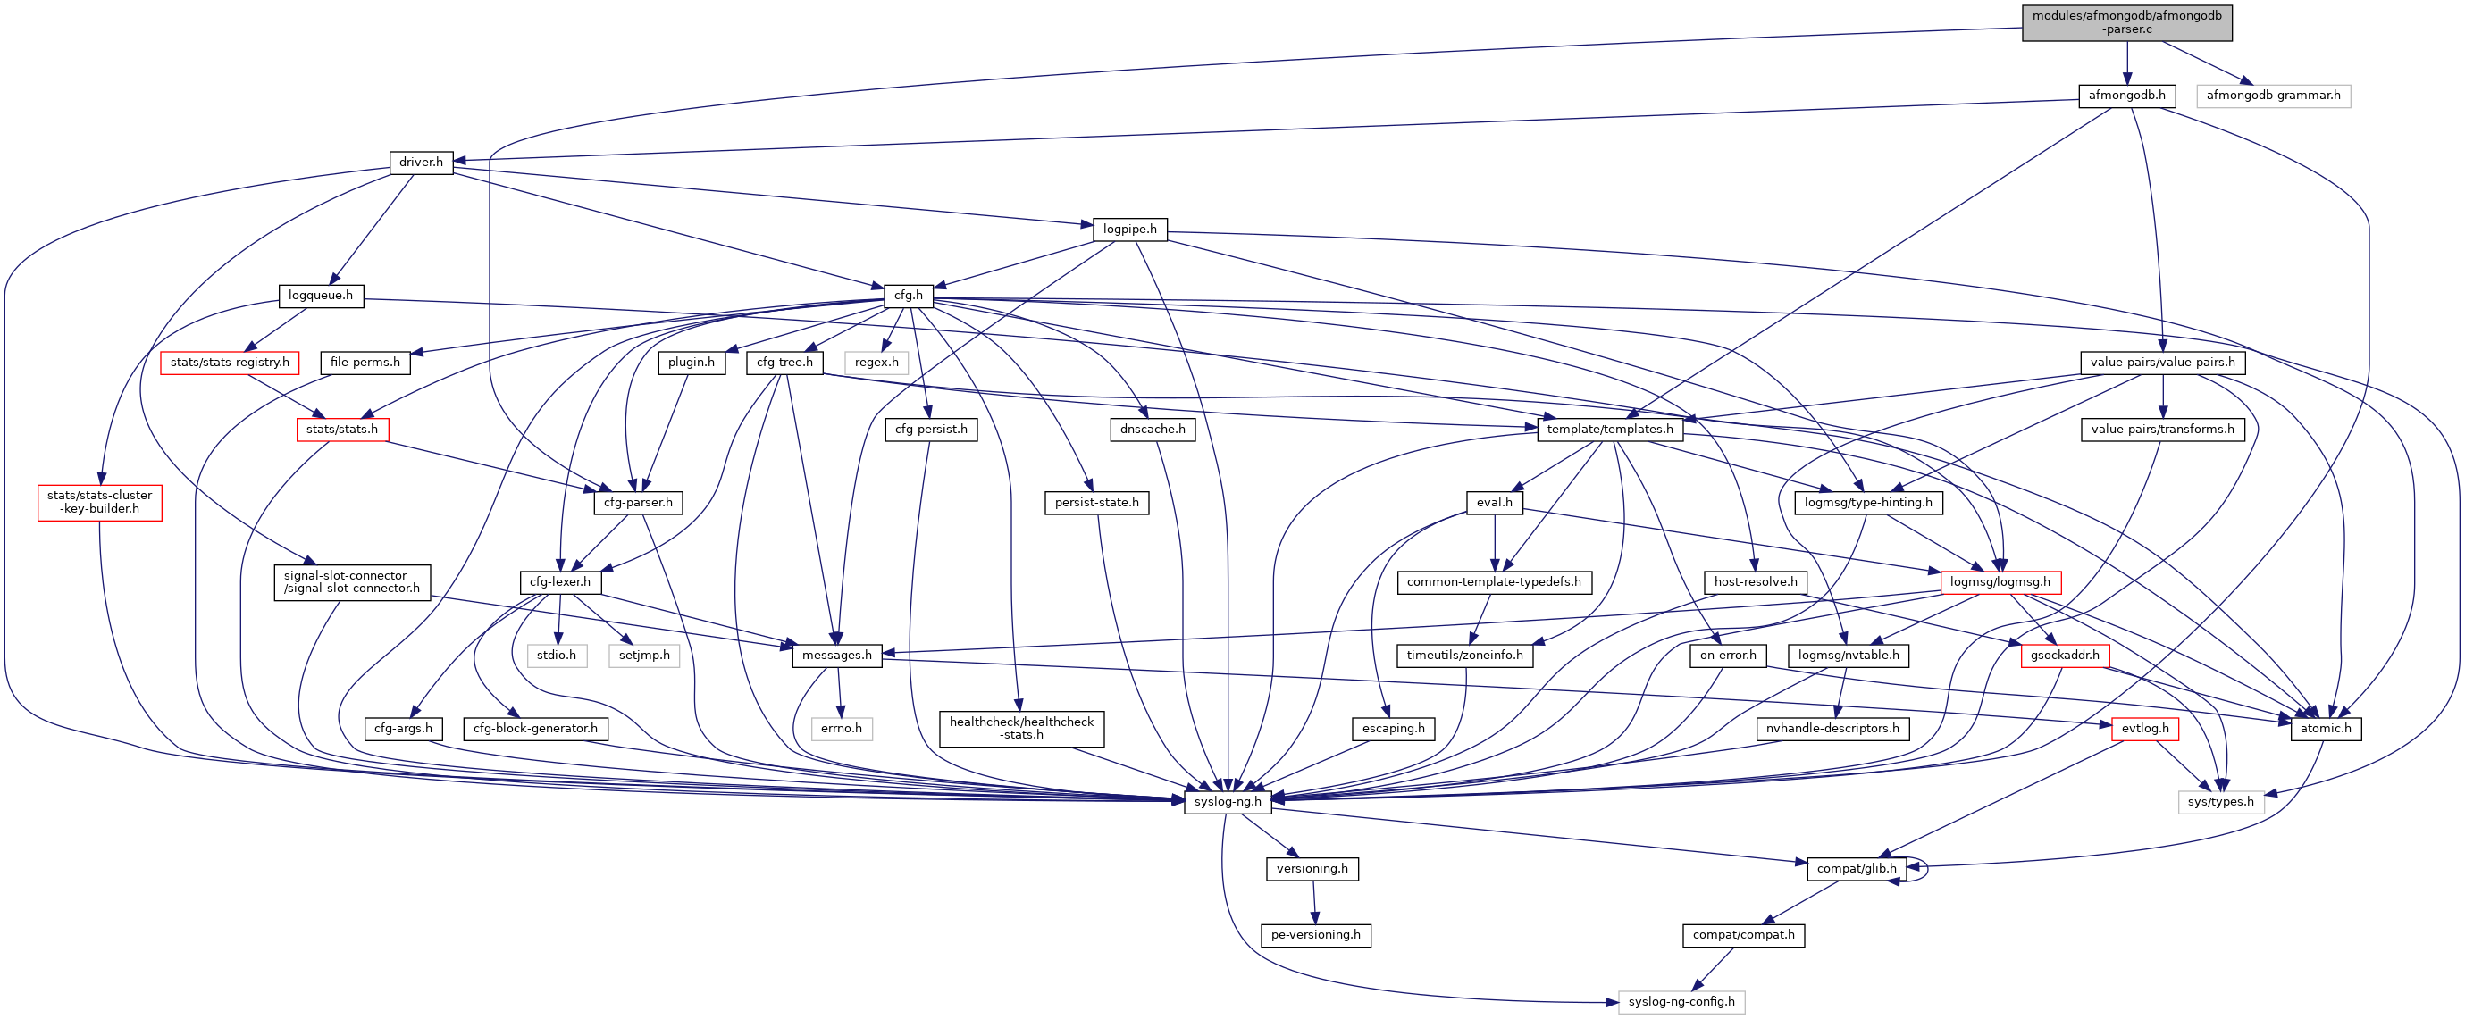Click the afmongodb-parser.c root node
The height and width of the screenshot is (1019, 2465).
point(2126,23)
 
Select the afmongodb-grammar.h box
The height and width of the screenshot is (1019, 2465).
point(2273,96)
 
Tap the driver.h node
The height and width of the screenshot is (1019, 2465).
point(421,162)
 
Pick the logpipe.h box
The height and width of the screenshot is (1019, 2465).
point(1129,230)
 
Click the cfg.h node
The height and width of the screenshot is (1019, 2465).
point(908,296)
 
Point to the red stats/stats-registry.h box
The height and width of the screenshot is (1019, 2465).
point(230,363)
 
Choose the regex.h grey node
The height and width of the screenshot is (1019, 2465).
point(876,363)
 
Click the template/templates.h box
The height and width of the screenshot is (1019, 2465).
point(1609,430)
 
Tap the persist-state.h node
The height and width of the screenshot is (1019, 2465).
point(1096,502)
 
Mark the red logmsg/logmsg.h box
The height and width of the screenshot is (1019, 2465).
point(2000,581)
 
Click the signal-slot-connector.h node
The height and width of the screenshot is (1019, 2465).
point(351,581)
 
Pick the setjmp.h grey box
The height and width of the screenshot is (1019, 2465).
point(644,656)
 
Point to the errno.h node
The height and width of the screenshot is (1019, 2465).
point(841,728)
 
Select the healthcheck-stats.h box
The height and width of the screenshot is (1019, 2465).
point(1021,728)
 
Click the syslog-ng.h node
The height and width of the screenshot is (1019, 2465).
point(1228,802)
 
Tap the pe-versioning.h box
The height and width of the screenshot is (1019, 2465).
point(1315,935)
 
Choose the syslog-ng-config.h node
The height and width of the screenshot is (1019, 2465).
point(1681,1002)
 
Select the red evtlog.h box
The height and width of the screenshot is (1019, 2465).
point(2144,728)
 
